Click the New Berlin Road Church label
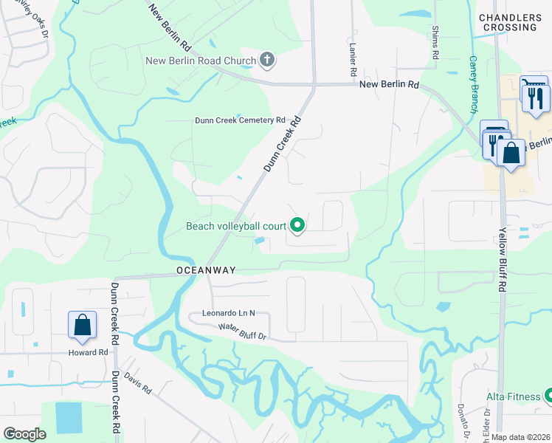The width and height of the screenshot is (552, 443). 201,61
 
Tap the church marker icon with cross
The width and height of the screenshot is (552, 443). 267,60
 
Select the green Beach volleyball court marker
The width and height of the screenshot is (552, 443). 297,226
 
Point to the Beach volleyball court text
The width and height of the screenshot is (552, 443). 236,226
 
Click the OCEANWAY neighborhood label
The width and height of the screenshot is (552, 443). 206,270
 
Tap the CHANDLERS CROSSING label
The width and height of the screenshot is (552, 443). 508,22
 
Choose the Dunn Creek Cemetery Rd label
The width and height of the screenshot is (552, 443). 240,120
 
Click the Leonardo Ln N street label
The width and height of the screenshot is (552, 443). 228,313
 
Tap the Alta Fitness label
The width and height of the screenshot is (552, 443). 513,396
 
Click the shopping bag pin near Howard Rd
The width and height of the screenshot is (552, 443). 82,326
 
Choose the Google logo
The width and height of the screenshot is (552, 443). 24,434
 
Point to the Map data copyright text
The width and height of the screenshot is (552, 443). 521,437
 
